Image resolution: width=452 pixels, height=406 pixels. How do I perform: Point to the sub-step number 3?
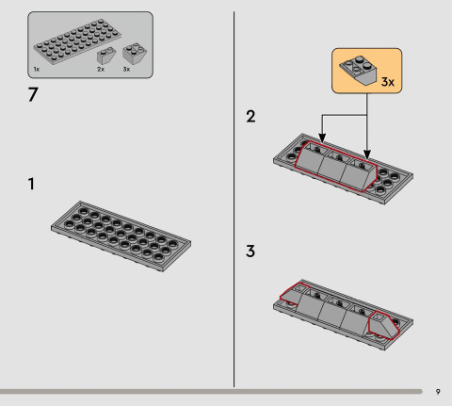[x=250, y=252]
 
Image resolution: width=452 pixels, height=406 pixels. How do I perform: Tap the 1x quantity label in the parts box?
[x=36, y=71]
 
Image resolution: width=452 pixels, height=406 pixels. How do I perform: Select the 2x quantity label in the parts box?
[x=100, y=71]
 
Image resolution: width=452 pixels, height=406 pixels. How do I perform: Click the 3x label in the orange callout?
[x=386, y=82]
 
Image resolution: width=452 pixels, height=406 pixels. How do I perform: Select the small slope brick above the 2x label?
[x=105, y=56]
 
